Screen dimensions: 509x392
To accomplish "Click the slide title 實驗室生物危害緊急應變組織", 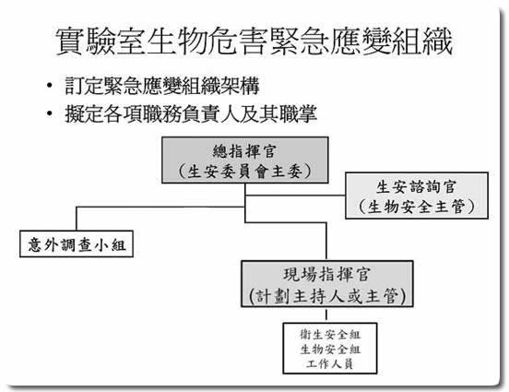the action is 254,42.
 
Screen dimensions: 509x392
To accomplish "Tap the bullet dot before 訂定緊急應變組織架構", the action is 50,86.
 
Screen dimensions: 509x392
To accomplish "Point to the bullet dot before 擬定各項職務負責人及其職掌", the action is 50,113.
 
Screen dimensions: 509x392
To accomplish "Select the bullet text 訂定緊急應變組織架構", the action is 162,86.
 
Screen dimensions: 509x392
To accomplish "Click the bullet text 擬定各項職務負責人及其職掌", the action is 191,113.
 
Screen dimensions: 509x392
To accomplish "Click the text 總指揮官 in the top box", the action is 244,151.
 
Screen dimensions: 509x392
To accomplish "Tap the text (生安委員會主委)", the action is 244,172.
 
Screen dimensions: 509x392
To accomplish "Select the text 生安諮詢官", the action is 417,186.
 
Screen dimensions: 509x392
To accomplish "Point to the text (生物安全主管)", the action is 417,207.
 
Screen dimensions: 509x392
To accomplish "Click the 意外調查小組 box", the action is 77,244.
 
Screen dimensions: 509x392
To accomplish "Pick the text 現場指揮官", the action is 326,275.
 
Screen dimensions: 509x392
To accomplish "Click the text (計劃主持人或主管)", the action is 327,296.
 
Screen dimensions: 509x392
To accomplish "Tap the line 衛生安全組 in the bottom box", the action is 330,334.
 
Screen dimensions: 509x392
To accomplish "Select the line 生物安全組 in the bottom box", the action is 330,350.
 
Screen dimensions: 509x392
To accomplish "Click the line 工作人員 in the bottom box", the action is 329,363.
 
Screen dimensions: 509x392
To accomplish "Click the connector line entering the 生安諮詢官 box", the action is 295,196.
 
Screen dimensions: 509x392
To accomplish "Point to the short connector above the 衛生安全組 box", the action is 326,315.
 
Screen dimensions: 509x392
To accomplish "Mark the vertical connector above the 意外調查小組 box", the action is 77,219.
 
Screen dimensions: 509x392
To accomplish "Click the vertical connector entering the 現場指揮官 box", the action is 326,242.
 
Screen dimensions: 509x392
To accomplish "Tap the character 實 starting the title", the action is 69,42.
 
